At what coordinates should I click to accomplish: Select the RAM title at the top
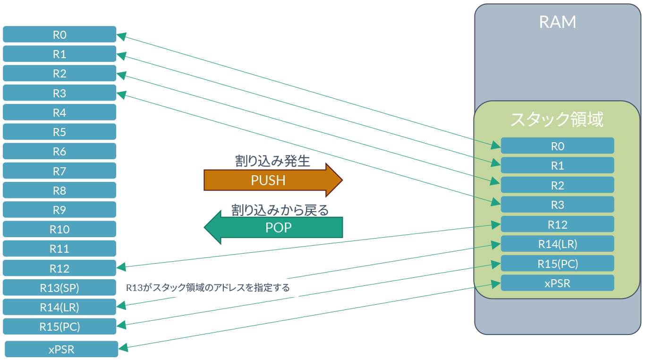557,22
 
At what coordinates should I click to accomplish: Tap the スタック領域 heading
557,120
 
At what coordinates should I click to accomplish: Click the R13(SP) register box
59,288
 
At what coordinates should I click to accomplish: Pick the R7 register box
59,171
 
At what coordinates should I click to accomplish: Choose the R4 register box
59,112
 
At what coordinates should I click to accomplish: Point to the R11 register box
59,249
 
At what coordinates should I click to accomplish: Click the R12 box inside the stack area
557,224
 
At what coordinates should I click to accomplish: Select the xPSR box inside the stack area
557,283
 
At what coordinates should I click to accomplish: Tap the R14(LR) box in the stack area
557,244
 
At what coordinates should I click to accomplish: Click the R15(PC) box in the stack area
557,264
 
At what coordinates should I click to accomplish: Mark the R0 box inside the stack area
557,146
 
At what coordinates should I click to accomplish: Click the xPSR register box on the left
61,349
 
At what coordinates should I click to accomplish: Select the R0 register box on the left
59,34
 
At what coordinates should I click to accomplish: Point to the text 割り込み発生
272,161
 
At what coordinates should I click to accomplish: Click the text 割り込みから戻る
280,210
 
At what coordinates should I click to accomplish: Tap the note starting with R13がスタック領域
208,287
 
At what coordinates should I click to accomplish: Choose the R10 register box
59,229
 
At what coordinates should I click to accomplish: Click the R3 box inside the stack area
557,205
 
